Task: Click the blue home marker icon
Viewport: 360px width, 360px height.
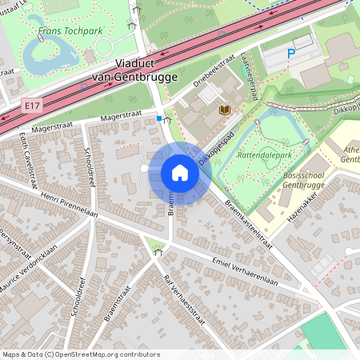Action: tap(180, 173)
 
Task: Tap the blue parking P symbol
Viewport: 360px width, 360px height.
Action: tap(292, 53)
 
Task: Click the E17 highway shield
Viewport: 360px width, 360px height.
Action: tap(32, 105)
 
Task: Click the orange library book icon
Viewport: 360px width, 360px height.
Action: tap(225, 110)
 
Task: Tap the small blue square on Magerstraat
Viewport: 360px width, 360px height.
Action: tap(159, 118)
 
